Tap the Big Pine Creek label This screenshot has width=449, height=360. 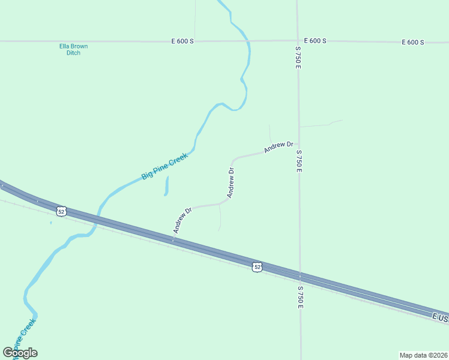click(164, 166)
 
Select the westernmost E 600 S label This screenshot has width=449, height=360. click(182, 41)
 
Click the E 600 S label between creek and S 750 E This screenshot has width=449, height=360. click(315, 41)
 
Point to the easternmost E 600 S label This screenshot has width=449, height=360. click(413, 42)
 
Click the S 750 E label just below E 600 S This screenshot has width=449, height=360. click(298, 57)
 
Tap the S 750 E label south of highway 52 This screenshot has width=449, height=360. click(300, 297)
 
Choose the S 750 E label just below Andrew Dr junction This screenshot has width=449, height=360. click(298, 161)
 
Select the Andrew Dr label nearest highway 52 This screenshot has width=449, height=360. click(182, 220)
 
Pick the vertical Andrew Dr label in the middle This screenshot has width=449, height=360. click(231, 183)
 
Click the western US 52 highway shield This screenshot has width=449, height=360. click(61, 211)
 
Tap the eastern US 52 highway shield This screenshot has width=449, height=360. click(257, 266)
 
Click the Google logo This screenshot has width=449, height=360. click(20, 353)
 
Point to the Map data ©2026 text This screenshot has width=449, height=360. click(423, 355)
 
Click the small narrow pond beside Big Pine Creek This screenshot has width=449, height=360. click(166, 186)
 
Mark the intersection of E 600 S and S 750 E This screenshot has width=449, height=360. click(298, 41)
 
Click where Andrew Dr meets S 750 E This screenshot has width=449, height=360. click(298, 143)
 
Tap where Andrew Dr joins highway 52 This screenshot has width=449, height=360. click(173, 239)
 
